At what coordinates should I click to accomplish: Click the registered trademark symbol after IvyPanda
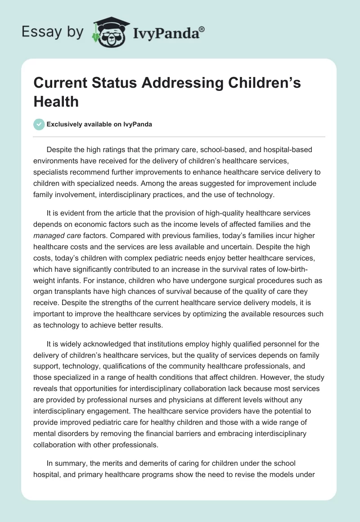coord(202,29)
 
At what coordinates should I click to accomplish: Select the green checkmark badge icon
coord(39,124)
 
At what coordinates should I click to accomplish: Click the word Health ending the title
coord(56,101)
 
